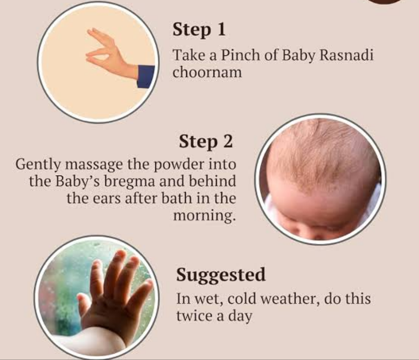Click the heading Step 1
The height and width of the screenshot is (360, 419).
[199, 29]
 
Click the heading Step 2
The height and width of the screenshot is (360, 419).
[206, 141]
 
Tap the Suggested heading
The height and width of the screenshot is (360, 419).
[221, 275]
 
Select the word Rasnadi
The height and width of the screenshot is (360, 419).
[346, 55]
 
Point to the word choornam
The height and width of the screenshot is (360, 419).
[207, 72]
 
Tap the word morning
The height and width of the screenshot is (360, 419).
[204, 216]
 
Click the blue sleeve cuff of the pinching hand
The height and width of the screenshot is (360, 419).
[146, 77]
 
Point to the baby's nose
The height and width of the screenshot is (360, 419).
[318, 235]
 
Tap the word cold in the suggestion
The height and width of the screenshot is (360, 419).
[242, 299]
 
